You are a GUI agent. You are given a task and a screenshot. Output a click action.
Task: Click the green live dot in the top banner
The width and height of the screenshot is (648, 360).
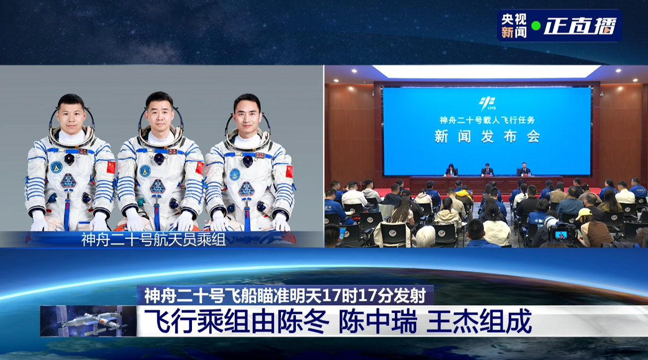(x=536, y=26)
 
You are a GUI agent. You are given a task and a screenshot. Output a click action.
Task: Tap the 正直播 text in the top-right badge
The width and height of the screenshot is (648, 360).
(x=579, y=26)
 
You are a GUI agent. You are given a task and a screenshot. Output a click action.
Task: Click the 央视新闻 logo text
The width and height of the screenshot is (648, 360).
(x=514, y=26)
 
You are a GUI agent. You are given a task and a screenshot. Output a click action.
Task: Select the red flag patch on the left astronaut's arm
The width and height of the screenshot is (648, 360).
(x=111, y=167)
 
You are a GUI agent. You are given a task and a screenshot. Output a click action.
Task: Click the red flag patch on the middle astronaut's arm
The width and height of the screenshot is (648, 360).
(x=199, y=168)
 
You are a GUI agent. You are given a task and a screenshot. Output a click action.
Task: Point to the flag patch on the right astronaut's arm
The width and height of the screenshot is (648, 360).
(x=289, y=171)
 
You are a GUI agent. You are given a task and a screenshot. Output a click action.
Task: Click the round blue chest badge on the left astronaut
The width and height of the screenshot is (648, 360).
(x=56, y=167)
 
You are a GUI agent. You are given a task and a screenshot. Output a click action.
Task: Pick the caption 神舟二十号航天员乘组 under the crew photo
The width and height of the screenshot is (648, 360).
(x=153, y=240)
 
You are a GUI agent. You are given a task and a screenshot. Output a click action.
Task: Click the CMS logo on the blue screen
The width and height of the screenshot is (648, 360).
(x=487, y=104)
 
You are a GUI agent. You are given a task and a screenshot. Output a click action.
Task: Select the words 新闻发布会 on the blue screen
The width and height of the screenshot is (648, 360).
(x=487, y=136)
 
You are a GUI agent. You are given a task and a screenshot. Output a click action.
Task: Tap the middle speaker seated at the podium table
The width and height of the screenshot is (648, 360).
(x=487, y=170)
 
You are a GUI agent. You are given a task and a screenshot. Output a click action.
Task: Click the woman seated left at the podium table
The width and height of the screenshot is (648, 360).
(x=451, y=170)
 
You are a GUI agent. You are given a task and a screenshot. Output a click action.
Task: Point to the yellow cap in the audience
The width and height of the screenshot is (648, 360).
(x=584, y=213)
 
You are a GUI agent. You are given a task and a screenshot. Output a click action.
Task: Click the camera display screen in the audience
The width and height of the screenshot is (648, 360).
(x=560, y=235)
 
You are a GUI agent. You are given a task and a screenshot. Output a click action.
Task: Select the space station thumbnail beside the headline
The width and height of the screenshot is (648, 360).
(x=88, y=321)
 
